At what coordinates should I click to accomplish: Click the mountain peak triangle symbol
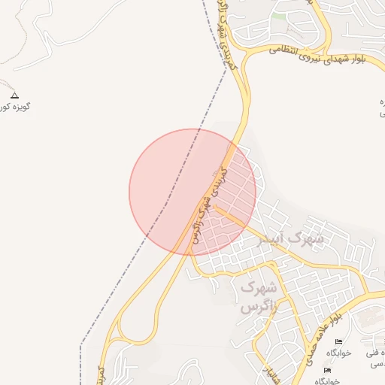coord(14,95)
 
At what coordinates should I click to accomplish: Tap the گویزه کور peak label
coord(15,107)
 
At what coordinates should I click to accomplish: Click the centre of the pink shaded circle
coord(192,192)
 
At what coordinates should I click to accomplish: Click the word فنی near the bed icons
coord(374,353)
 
